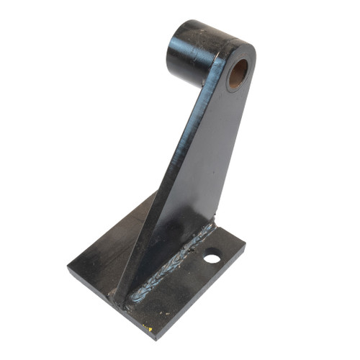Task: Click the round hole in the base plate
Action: coord(211,255)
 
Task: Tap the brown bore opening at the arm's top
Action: coord(238,74)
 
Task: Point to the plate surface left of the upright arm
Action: coord(108,252)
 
